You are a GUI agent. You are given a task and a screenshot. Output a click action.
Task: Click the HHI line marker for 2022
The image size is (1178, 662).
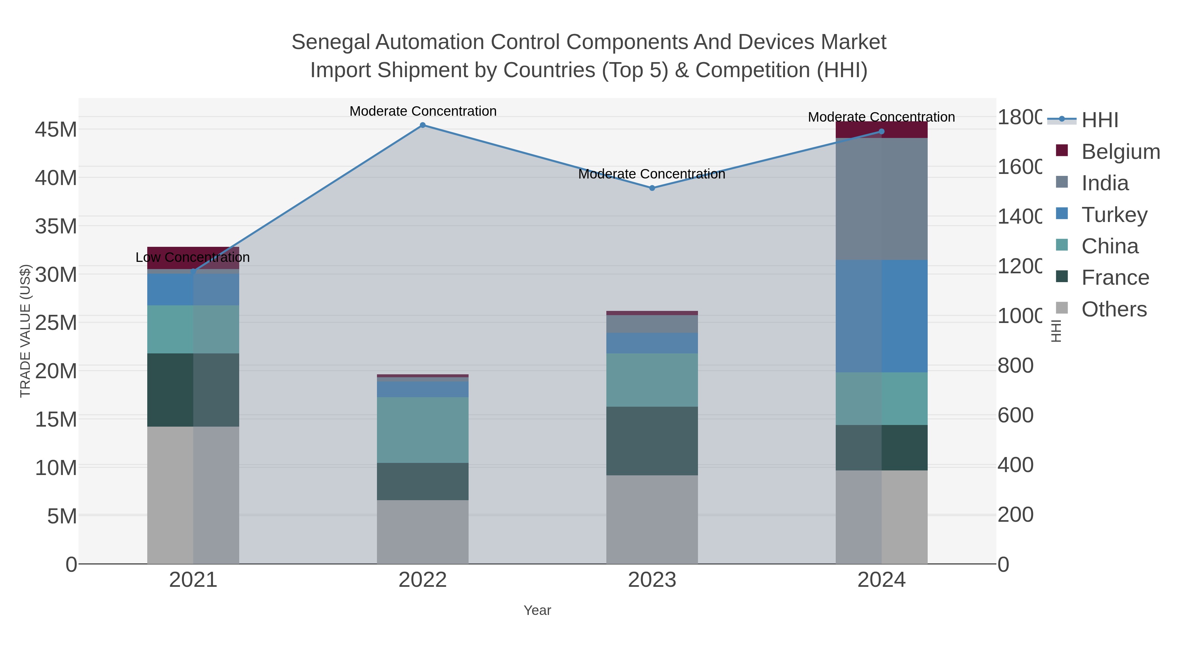[422, 125]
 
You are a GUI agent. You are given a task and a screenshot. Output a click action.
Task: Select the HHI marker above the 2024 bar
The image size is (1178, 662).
[882, 131]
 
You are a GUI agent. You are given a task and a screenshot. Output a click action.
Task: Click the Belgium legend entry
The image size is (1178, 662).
[1120, 152]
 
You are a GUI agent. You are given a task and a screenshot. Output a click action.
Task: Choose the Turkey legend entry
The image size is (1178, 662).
[1114, 215]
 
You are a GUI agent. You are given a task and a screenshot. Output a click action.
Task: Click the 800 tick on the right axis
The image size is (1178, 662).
[1015, 365]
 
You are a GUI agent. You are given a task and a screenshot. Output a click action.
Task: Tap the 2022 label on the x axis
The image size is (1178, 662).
[422, 580]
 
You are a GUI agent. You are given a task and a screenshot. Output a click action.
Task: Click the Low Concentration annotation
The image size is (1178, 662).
[192, 257]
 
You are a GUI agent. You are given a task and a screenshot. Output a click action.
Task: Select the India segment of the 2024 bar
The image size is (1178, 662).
[882, 199]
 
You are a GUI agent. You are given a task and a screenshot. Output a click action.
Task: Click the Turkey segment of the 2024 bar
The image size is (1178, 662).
[882, 316]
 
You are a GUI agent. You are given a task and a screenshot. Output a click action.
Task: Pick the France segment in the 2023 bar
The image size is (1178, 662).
[652, 441]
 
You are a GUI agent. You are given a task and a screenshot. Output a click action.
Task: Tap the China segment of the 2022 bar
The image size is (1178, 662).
[422, 430]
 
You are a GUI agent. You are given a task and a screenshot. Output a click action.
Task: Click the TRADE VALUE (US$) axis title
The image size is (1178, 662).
[25, 331]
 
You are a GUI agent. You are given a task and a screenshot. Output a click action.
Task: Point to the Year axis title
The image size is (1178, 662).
[537, 610]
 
